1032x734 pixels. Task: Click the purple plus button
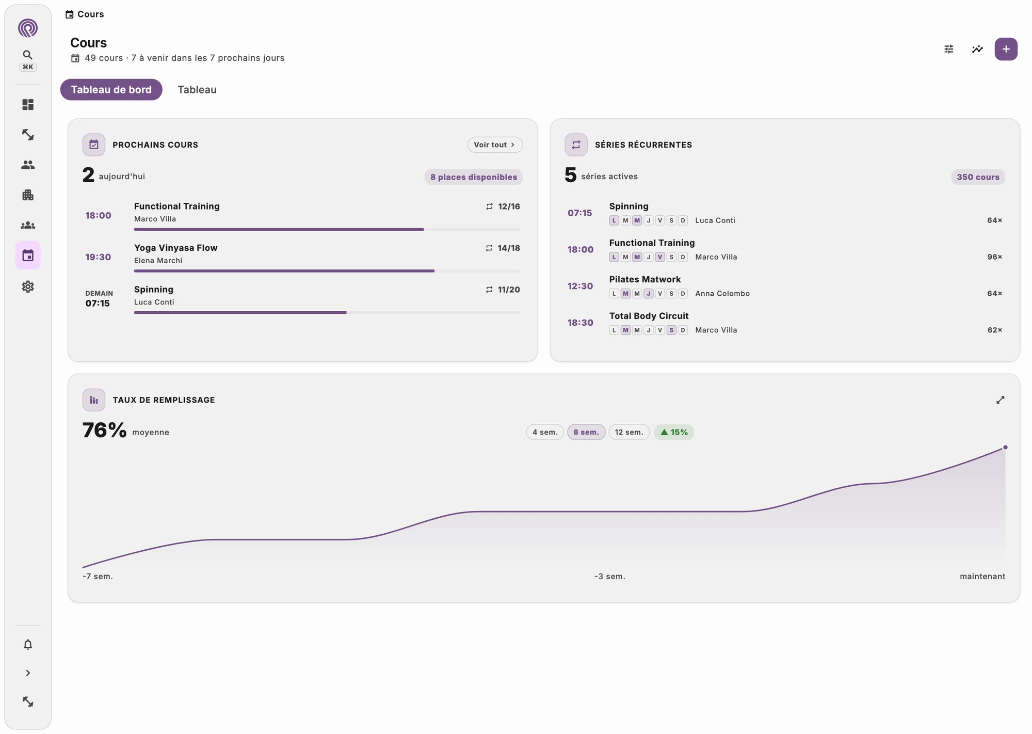pyautogui.click(x=1006, y=49)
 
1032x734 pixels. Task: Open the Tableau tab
pyautogui.click(x=197, y=90)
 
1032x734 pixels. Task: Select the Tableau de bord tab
pyautogui.click(x=111, y=90)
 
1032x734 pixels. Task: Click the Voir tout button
pyautogui.click(x=495, y=145)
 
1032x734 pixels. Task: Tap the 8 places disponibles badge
pyautogui.click(x=474, y=177)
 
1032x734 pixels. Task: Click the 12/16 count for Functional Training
pyautogui.click(x=509, y=206)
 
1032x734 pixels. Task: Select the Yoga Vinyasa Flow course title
pyautogui.click(x=176, y=248)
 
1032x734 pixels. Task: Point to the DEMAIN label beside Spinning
pyautogui.click(x=99, y=293)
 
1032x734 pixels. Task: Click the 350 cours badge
pyautogui.click(x=978, y=177)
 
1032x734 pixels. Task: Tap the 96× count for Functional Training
pyautogui.click(x=995, y=257)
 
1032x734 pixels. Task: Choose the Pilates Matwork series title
pyautogui.click(x=645, y=279)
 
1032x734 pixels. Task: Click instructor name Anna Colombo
pyautogui.click(x=722, y=294)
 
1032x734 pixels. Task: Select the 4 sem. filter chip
pyautogui.click(x=545, y=432)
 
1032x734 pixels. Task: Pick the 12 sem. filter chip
pyautogui.click(x=629, y=432)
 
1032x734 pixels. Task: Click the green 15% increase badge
pyautogui.click(x=674, y=432)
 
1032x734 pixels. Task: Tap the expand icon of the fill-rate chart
pyautogui.click(x=1000, y=400)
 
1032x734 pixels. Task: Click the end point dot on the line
pyautogui.click(x=1005, y=448)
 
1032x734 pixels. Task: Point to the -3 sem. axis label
pyautogui.click(x=609, y=576)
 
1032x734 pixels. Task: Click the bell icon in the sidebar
pyautogui.click(x=28, y=644)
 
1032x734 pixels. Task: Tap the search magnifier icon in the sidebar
pyautogui.click(x=28, y=55)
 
